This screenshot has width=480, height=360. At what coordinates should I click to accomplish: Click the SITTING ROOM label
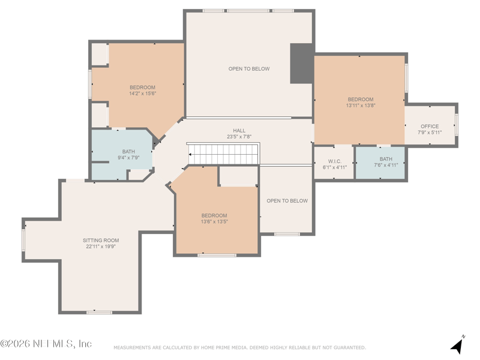[101, 241]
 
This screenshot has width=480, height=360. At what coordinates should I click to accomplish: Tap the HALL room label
[239, 131]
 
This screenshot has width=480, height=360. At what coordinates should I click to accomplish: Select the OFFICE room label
[430, 127]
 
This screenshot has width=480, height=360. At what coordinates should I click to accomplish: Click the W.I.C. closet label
[335, 161]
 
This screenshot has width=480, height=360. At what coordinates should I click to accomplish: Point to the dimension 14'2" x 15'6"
[143, 94]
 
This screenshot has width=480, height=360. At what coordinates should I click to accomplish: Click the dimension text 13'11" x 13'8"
[361, 106]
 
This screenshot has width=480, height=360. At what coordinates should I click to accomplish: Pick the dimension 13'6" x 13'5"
[214, 221]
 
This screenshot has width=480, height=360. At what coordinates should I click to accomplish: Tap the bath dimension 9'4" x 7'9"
[128, 158]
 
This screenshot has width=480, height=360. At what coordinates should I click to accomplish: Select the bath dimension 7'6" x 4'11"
[386, 166]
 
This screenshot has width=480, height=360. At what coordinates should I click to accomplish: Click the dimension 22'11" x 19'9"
[101, 247]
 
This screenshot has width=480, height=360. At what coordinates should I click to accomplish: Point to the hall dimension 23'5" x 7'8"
[239, 137]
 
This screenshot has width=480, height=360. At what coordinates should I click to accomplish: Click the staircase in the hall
[223, 154]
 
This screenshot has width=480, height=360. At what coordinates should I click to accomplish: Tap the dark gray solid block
[301, 64]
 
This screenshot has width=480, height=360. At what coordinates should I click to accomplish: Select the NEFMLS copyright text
[46, 343]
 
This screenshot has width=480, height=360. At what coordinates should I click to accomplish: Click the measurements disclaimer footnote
[239, 347]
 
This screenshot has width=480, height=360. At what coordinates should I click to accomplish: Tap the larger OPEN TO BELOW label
[249, 69]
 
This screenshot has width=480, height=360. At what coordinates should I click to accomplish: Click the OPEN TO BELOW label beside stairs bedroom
[287, 201]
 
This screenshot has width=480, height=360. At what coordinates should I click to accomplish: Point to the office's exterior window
[457, 125]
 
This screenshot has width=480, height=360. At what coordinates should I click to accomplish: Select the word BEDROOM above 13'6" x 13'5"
[214, 215]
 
